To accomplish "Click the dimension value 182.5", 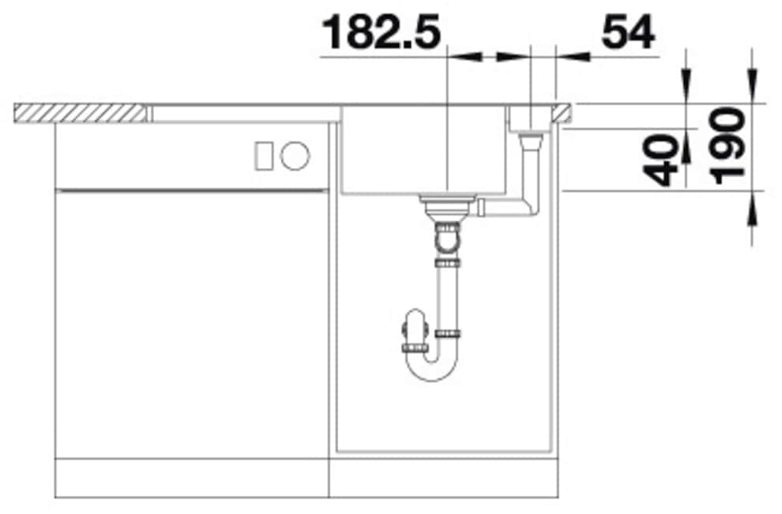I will pyautogui.click(x=382, y=32).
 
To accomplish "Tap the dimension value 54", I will pyautogui.click(x=628, y=32).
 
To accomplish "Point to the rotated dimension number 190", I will pyautogui.click(x=727, y=147).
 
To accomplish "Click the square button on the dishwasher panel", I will pyautogui.click(x=263, y=155).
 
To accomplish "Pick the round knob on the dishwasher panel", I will pyautogui.click(x=295, y=155).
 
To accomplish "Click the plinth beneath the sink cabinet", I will pyautogui.click(x=442, y=478).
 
